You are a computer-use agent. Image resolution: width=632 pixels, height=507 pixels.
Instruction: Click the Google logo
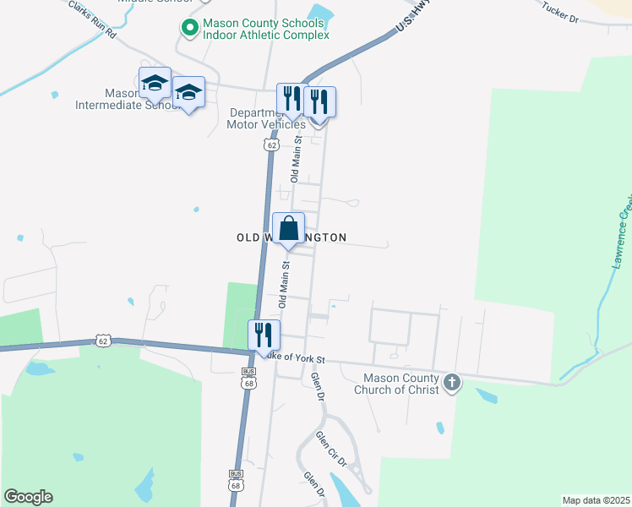(x=28, y=497)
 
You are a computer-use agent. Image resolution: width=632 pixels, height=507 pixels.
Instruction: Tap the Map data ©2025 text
(x=595, y=500)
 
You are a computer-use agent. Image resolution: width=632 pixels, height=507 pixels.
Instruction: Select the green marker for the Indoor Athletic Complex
(x=190, y=29)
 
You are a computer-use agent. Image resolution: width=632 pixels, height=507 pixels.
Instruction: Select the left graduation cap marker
(x=155, y=83)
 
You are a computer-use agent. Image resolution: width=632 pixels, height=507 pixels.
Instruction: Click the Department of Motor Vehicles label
(x=257, y=118)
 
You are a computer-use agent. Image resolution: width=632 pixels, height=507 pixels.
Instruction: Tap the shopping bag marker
(x=288, y=228)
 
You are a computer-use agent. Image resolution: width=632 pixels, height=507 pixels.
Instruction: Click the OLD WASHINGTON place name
(x=291, y=238)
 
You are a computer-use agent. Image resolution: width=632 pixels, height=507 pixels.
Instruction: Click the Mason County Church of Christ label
(x=400, y=384)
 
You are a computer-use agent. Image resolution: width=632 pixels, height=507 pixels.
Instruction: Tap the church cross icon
(x=452, y=383)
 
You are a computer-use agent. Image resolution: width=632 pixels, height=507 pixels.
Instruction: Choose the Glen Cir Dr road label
(x=331, y=449)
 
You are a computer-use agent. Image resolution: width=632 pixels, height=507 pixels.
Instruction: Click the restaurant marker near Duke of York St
(x=264, y=335)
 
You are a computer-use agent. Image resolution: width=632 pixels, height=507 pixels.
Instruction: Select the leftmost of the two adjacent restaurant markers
(x=290, y=99)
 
